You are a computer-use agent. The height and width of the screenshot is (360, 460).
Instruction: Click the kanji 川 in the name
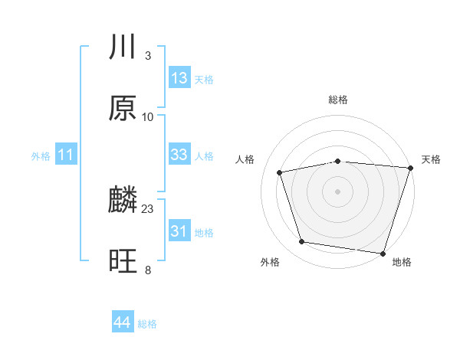(123, 47)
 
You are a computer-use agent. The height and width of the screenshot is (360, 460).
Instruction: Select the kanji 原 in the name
(123, 108)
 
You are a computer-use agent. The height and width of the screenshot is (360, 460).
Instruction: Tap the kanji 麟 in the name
(123, 201)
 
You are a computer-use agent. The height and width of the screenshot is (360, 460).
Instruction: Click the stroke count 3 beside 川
(147, 56)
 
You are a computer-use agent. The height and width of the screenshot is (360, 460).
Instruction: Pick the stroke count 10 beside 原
(148, 116)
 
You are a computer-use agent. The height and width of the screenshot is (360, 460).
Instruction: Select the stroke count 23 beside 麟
(148, 208)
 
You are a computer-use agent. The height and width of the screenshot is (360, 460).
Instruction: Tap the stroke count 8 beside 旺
(147, 270)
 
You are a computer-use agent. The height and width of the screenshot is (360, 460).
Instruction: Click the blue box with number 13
(179, 78)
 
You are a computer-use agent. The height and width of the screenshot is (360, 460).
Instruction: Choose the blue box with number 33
(179, 155)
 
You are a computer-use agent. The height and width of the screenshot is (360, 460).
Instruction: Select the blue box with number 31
(179, 231)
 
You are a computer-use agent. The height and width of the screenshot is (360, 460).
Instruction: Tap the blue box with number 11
(66, 155)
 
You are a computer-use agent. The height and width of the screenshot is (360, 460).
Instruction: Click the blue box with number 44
(122, 322)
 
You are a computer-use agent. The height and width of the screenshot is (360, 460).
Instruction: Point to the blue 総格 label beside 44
(147, 324)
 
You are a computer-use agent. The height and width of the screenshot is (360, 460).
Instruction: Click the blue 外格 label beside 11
(41, 156)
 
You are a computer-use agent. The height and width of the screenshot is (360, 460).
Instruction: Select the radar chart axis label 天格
(431, 159)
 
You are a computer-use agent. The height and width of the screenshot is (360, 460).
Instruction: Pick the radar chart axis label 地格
(402, 262)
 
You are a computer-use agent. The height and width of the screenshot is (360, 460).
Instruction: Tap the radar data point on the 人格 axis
(281, 172)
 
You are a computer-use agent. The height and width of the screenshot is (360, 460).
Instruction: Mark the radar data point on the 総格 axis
(338, 161)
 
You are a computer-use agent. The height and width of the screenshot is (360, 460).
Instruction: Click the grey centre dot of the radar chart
(338, 191)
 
